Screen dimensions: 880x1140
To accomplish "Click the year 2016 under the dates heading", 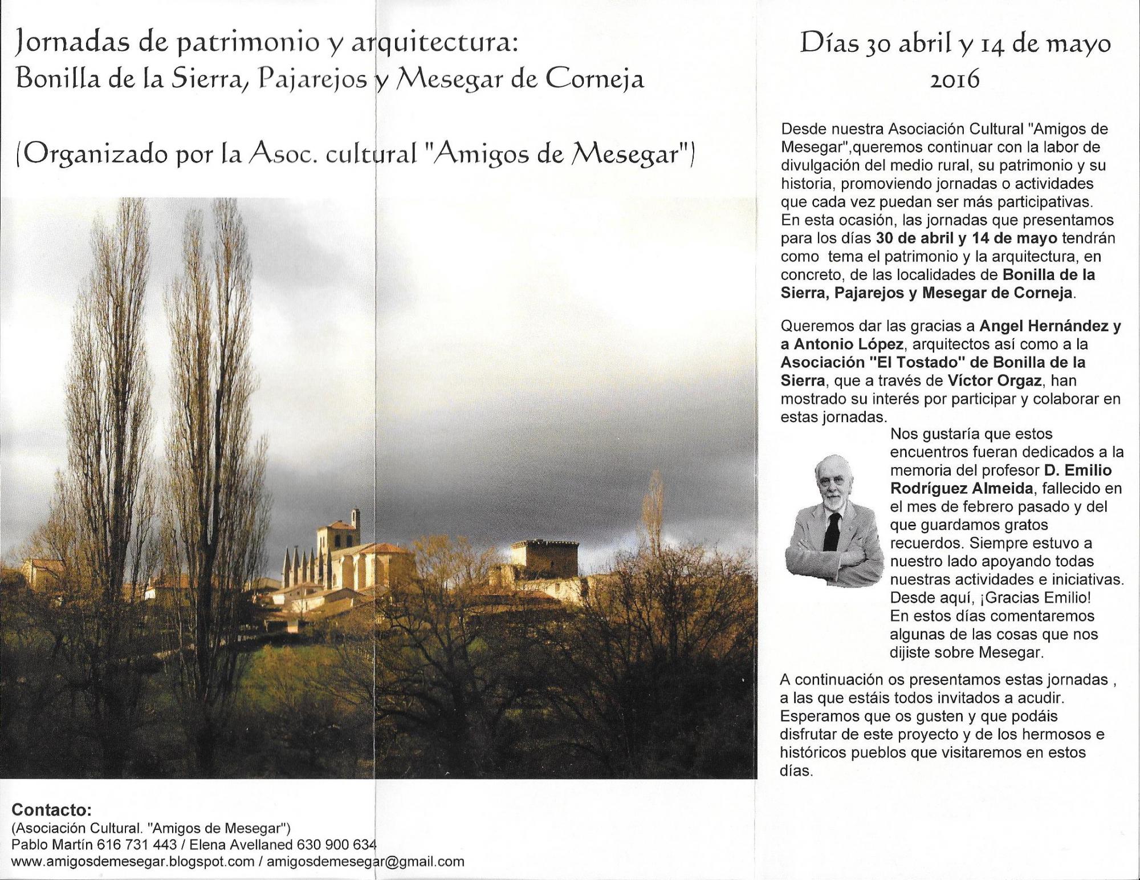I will pos(955,79).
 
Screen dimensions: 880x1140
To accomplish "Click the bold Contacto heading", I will pos(51,810).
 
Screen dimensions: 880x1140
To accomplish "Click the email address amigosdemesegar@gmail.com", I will pos(365,862).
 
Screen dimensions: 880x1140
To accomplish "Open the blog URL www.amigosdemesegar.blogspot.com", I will pos(132,862).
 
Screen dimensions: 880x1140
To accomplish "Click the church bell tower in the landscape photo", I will pos(336,536).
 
